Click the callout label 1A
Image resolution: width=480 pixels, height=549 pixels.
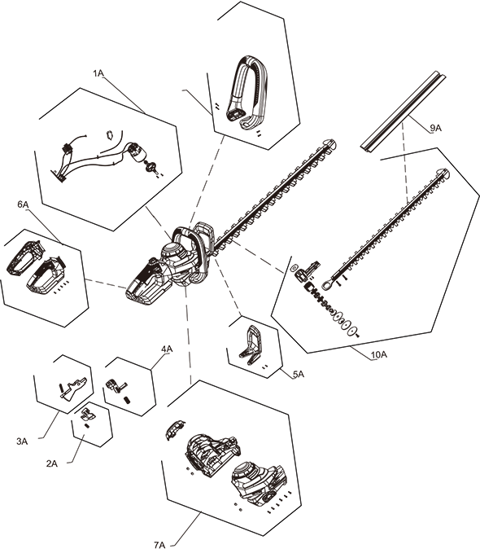pyautogui.click(x=98, y=73)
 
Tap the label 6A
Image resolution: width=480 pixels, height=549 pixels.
pyautogui.click(x=23, y=204)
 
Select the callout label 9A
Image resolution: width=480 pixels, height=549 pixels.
pyautogui.click(x=435, y=128)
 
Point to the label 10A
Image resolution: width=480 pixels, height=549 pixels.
pyautogui.click(x=379, y=354)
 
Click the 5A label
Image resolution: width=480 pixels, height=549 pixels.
pyautogui.click(x=299, y=375)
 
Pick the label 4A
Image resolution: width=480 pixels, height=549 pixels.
pyautogui.click(x=167, y=349)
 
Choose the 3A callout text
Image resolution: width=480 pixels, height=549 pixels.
pyautogui.click(x=22, y=441)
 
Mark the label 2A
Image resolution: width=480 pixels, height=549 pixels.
pyautogui.click(x=52, y=463)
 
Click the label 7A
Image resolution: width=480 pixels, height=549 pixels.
pyautogui.click(x=159, y=545)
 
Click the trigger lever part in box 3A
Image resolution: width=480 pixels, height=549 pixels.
pyautogui.click(x=73, y=388)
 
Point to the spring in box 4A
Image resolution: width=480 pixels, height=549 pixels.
pyautogui.click(x=128, y=399)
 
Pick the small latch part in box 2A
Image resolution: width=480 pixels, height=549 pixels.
pyautogui.click(x=88, y=415)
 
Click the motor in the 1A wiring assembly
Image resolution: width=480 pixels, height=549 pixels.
pyautogui.click(x=137, y=152)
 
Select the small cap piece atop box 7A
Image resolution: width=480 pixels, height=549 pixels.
pyautogui.click(x=174, y=430)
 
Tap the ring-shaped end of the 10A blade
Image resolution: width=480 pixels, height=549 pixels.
pyautogui.click(x=328, y=285)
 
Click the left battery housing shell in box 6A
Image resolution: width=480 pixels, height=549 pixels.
pyautogui.click(x=25, y=257)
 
